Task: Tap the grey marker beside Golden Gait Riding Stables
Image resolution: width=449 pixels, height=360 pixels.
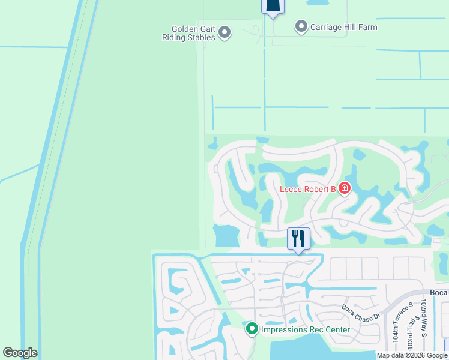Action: point(224,32)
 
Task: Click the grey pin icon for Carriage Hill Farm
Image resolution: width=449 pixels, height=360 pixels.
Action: point(301,26)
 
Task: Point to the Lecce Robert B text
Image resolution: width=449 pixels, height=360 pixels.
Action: point(307,190)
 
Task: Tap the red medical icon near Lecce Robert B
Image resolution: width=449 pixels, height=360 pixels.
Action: point(344,189)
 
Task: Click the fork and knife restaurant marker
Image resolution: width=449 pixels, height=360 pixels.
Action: point(298,238)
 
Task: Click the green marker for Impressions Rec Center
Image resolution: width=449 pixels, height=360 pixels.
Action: point(252,329)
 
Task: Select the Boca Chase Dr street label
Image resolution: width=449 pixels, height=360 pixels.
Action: point(361,313)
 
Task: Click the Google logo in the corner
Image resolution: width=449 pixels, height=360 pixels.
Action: point(20,353)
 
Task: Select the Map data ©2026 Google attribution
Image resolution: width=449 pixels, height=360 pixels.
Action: point(412,355)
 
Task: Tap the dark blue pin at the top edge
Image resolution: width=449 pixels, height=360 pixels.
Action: point(273,6)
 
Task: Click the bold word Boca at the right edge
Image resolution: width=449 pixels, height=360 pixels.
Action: point(439,292)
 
